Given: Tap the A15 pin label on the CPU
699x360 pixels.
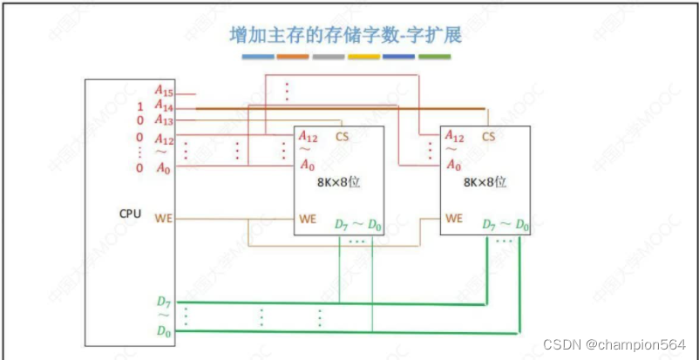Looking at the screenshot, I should (x=164, y=90).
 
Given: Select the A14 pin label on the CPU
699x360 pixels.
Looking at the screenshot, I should (x=164, y=105).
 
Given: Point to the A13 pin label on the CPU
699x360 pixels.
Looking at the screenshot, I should (x=164, y=120).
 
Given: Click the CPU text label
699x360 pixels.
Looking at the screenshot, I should (x=130, y=213).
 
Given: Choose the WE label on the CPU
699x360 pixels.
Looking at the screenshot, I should (x=163, y=217).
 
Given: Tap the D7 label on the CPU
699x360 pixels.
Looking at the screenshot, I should (x=164, y=302).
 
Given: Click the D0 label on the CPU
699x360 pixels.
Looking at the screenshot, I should (x=164, y=330).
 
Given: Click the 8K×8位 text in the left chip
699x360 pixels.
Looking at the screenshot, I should (x=339, y=184).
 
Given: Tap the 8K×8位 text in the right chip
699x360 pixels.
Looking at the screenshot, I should (x=485, y=184).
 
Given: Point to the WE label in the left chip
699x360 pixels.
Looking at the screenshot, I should (x=308, y=218).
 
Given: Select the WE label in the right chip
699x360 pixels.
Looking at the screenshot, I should (x=453, y=218).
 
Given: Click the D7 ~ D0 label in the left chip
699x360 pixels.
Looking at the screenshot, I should (x=358, y=225).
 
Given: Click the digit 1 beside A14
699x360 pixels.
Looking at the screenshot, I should (x=139, y=105).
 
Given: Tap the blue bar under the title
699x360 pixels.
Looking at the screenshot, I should (x=257, y=57).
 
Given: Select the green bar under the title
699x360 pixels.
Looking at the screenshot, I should (x=434, y=57).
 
